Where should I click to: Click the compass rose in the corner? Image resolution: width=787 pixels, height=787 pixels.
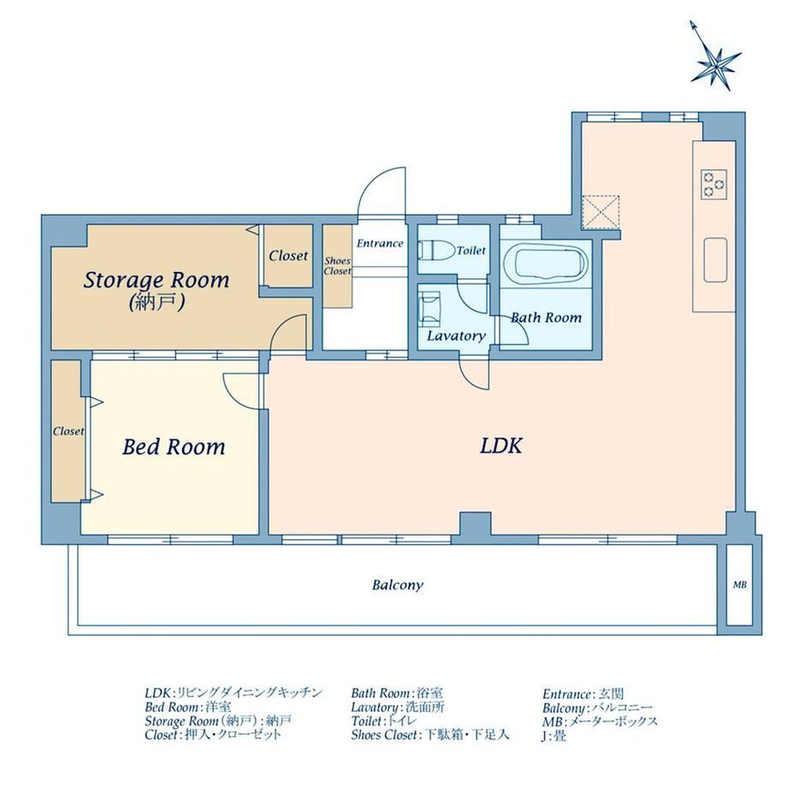[715, 62]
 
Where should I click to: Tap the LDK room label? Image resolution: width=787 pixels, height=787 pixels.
[501, 446]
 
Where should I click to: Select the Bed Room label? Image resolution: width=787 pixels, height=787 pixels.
[174, 447]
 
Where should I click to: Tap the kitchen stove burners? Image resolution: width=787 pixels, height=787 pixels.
[714, 184]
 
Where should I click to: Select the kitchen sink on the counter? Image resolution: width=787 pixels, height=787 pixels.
[715, 259]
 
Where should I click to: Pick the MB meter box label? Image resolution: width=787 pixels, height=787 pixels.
[740, 585]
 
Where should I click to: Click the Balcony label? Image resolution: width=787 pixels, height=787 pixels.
[398, 585]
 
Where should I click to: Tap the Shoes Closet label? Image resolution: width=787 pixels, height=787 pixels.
[337, 266]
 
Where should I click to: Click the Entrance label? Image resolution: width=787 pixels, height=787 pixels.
[380, 244]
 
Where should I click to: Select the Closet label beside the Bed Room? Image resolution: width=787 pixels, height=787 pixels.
[68, 431]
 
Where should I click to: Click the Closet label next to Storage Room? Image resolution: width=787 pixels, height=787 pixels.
[288, 256]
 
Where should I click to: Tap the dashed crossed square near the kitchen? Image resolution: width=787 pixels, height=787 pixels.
[601, 213]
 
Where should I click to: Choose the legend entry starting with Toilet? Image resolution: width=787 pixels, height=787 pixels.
[383, 721]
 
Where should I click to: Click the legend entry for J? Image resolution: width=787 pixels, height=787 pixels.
[554, 737]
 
